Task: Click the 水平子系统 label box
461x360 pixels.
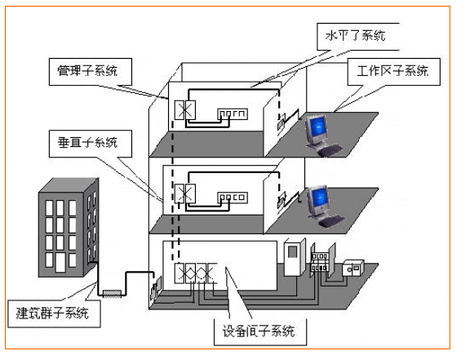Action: pyautogui.click(x=358, y=37)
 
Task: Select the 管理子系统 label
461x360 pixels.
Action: pyautogui.click(x=91, y=72)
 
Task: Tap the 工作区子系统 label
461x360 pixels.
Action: pyautogui.click(x=393, y=72)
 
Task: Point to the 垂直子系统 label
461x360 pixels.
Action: pyautogui.click(x=91, y=144)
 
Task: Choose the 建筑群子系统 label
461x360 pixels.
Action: pyautogui.click(x=54, y=313)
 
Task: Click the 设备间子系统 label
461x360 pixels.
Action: pyautogui.click(x=260, y=331)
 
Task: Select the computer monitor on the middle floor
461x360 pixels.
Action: pyautogui.click(x=317, y=202)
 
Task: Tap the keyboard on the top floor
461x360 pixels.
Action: pyautogui.click(x=330, y=150)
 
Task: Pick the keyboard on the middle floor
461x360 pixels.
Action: pyautogui.click(x=331, y=221)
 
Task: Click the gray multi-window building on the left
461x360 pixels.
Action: pyautogui.click(x=69, y=228)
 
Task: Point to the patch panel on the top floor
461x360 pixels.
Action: pyautogui.click(x=233, y=113)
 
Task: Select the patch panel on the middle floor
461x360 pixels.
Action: pyautogui.click(x=233, y=198)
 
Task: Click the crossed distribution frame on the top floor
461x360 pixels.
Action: pyautogui.click(x=185, y=110)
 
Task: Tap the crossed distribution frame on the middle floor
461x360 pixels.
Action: pyautogui.click(x=185, y=193)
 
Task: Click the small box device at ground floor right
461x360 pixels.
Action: pyautogui.click(x=353, y=268)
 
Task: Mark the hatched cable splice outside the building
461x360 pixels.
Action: pyautogui.click(x=112, y=294)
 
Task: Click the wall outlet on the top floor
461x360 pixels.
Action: pyautogui.click(x=281, y=122)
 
